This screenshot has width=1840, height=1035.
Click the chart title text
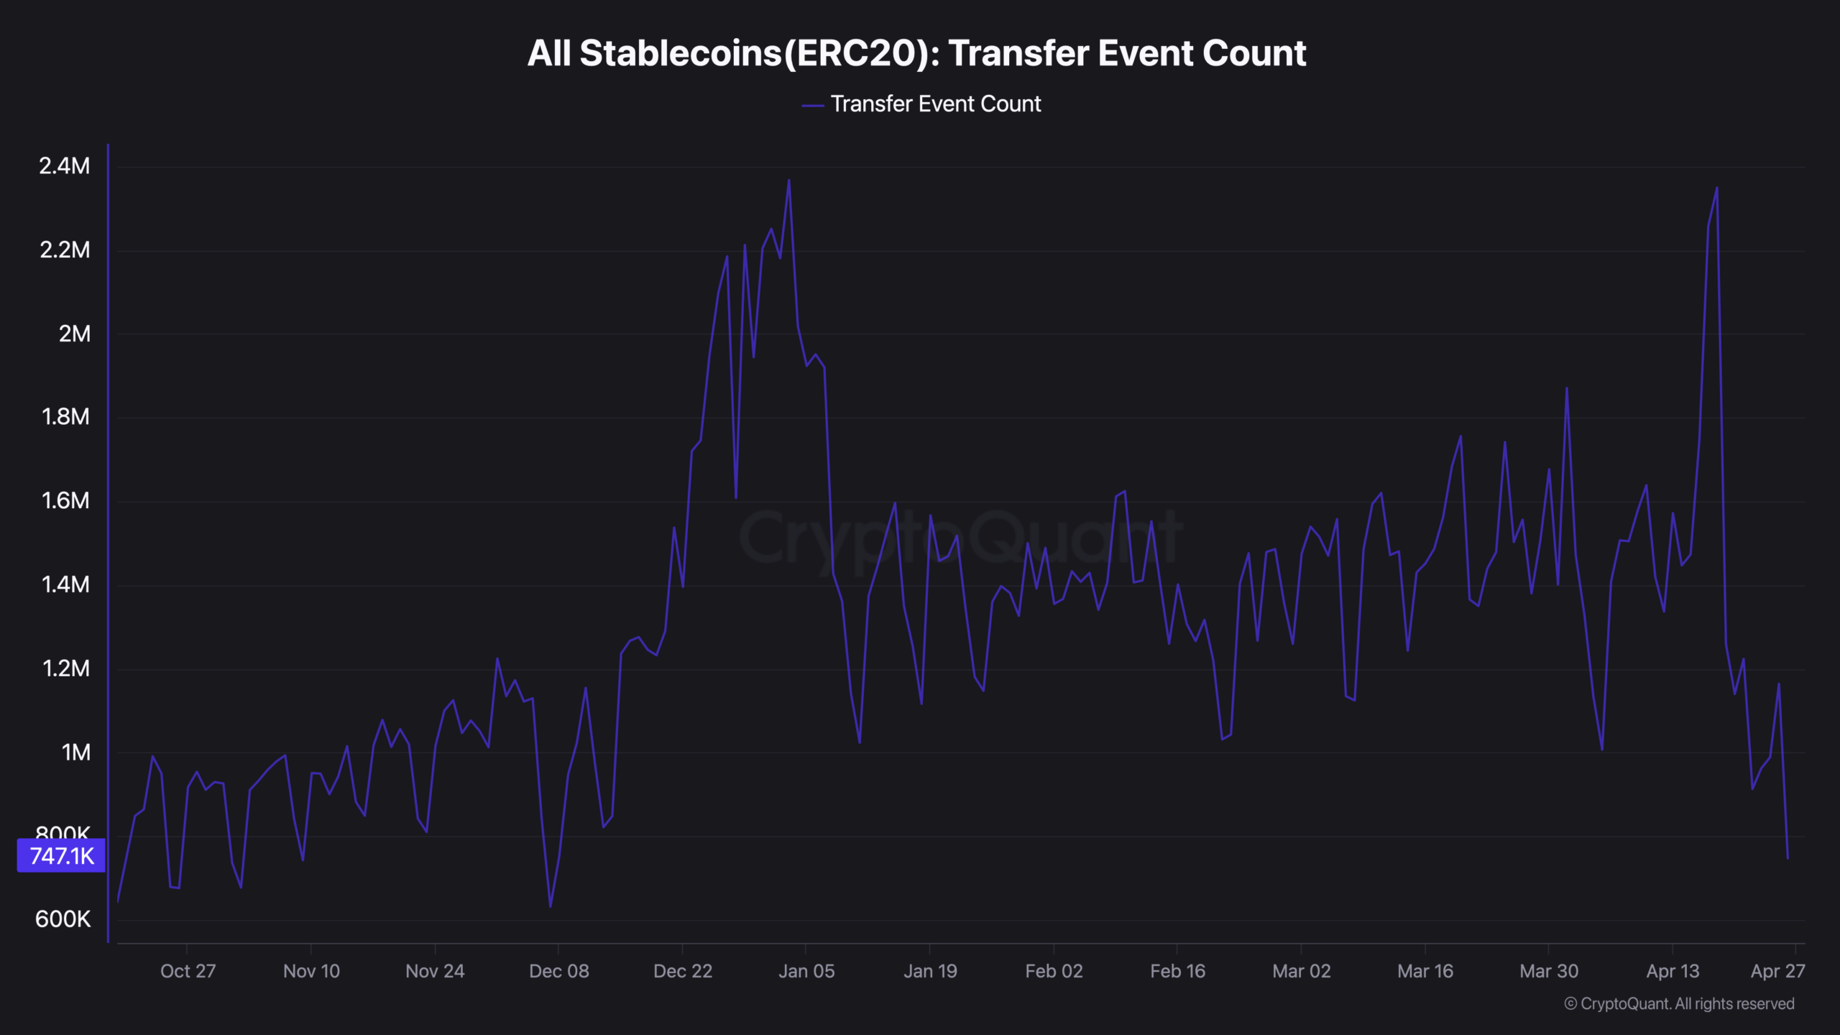[x=916, y=53]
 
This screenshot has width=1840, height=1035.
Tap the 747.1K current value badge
[x=61, y=855]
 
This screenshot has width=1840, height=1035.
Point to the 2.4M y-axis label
[x=65, y=166]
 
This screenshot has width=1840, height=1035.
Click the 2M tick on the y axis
[x=74, y=333]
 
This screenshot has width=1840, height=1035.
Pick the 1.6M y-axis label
[x=65, y=501]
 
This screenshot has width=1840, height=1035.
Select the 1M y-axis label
[x=75, y=753]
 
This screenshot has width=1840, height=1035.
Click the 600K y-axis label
[x=63, y=919]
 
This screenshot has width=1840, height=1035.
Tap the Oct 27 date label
[x=188, y=971]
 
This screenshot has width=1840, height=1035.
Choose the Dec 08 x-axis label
[x=558, y=971]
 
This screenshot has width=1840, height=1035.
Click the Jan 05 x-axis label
[x=806, y=971]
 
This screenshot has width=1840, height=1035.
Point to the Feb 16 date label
[x=1177, y=971]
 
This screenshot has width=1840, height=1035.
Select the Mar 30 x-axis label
[x=1549, y=971]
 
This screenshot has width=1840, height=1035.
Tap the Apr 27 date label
[x=1777, y=971]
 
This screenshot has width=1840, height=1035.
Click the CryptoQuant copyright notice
[x=1679, y=1003]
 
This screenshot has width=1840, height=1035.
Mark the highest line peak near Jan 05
[x=788, y=180]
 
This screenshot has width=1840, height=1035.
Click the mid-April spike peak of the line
[x=1717, y=188]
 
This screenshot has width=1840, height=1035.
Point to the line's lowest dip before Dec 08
[x=551, y=906]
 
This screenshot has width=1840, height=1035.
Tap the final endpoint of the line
[x=1788, y=858]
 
